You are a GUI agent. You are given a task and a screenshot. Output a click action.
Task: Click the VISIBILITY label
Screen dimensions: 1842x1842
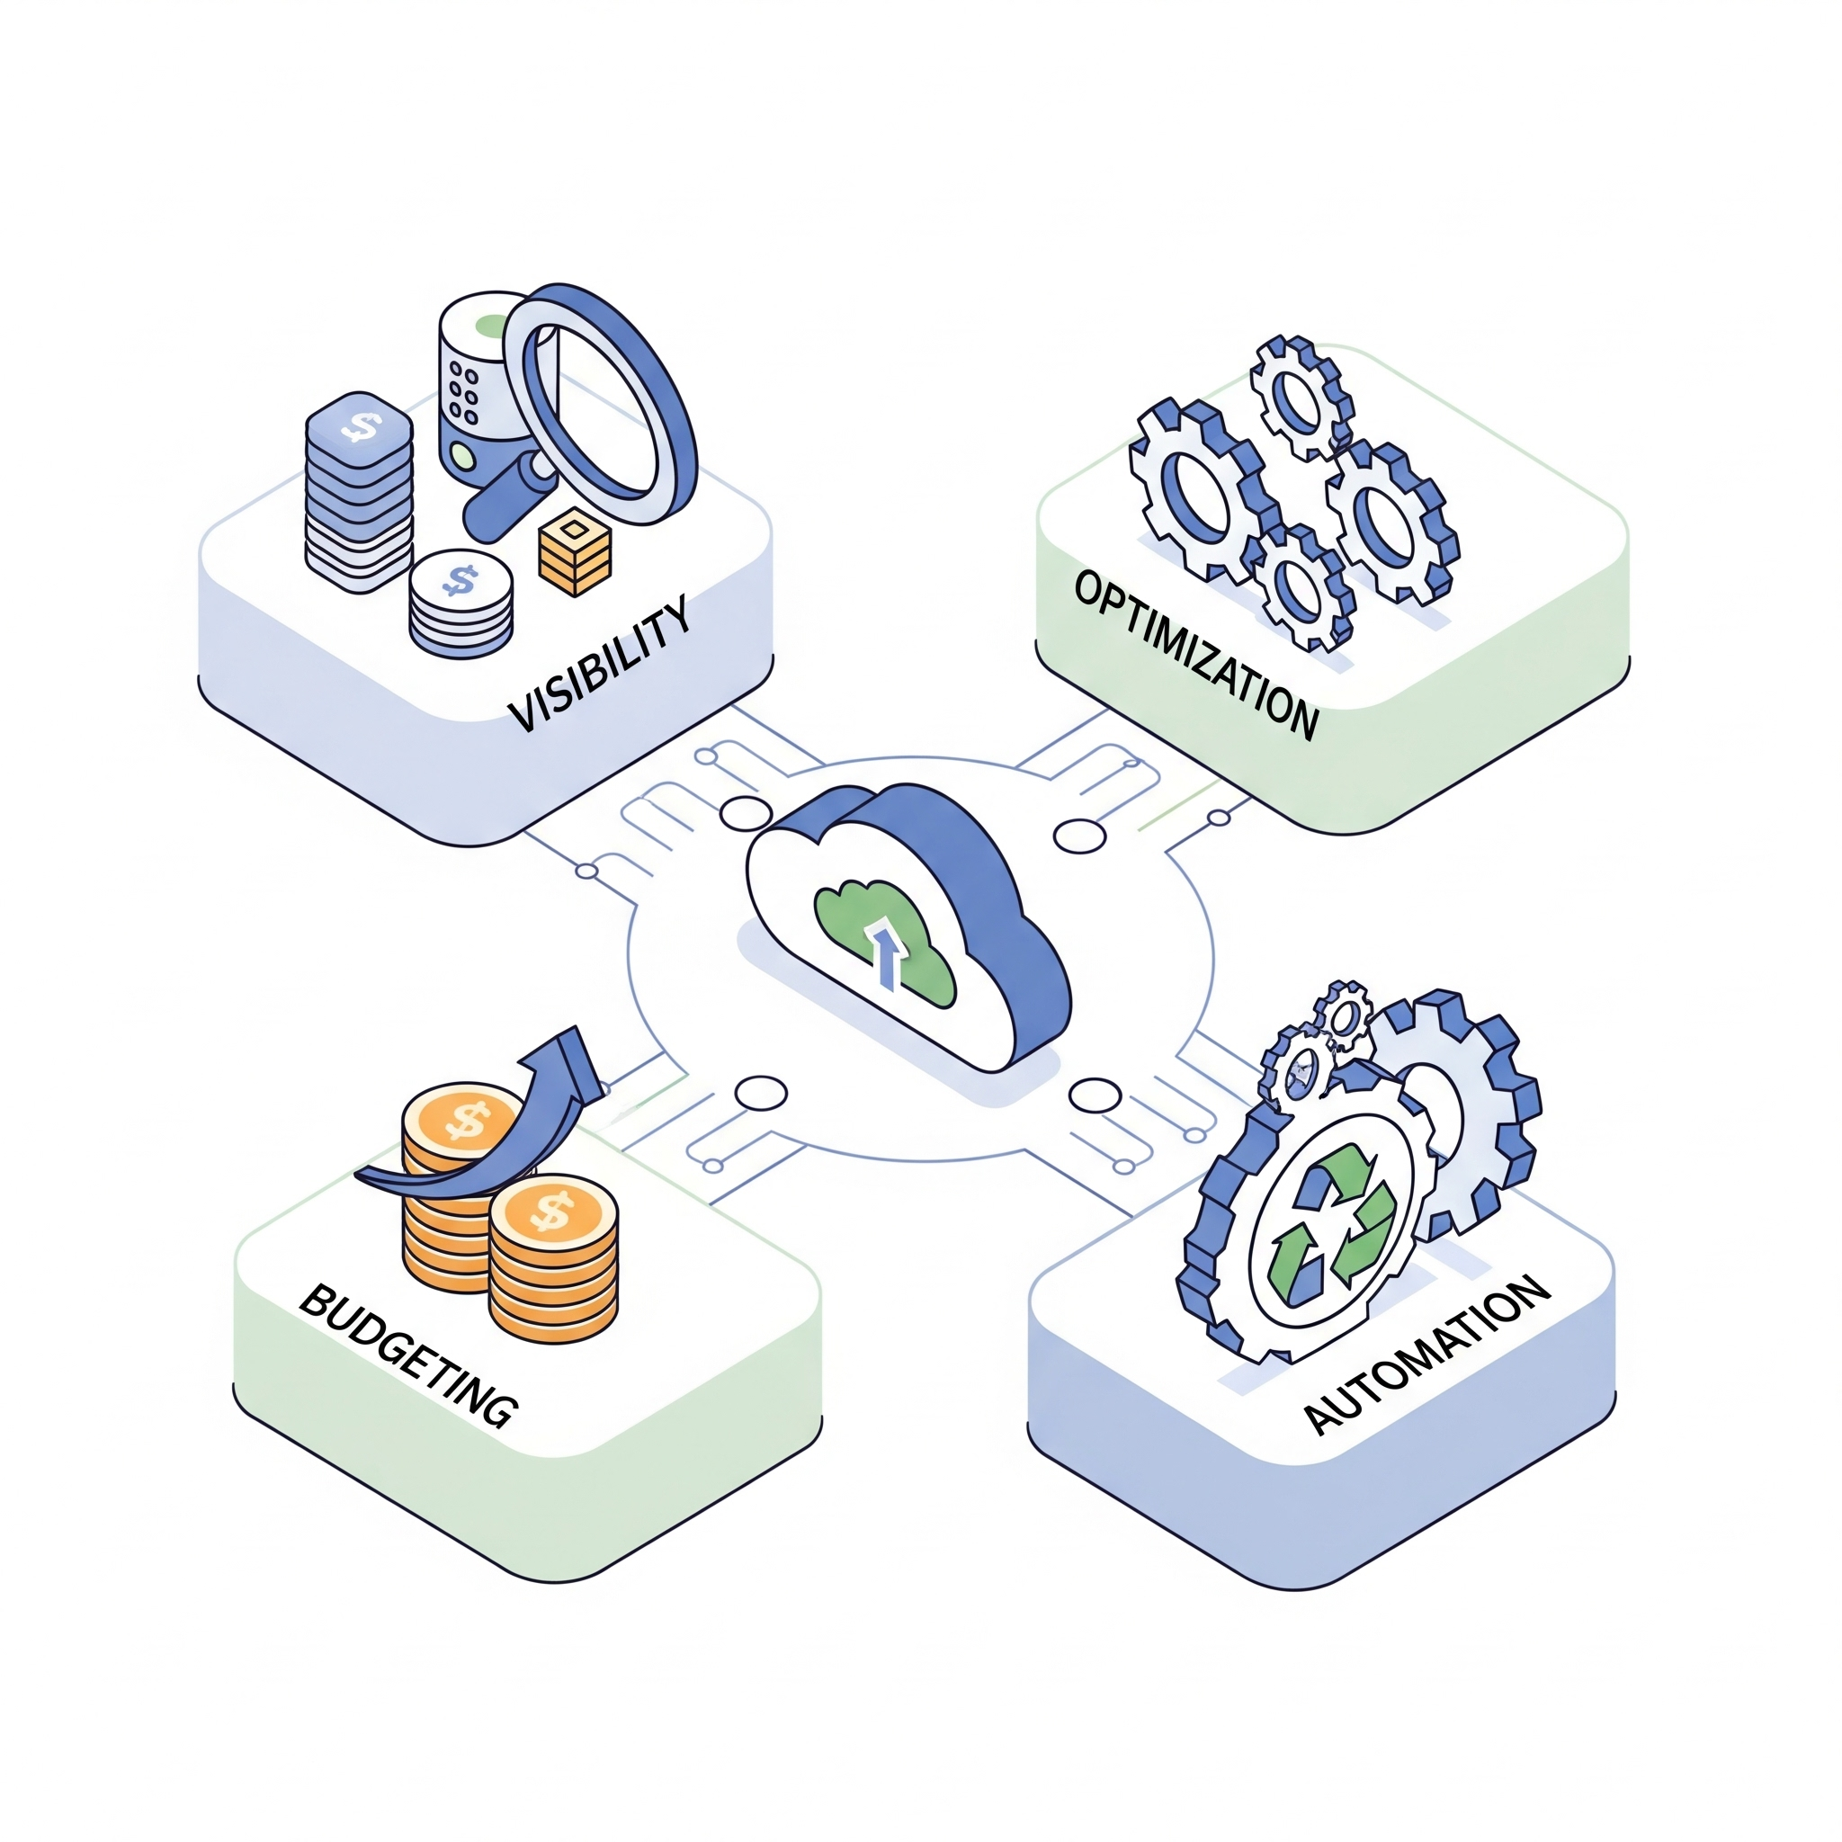pyautogui.click(x=599, y=665)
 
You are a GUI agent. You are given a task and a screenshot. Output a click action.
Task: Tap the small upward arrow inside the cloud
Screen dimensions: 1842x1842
pyautogui.click(x=888, y=953)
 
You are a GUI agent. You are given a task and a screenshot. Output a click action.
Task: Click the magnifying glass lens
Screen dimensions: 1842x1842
pyautogui.click(x=599, y=400)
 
